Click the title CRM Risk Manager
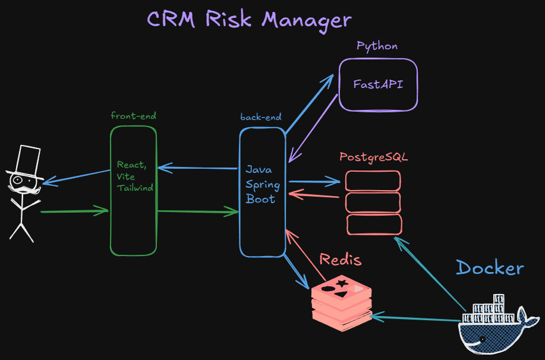point(249,20)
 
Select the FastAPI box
point(378,85)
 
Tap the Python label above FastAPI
point(377,46)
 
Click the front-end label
point(134,116)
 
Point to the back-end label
point(261,117)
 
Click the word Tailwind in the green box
point(135,188)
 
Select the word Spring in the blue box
point(263,185)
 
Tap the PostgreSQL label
point(374,157)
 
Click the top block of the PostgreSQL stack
point(373,181)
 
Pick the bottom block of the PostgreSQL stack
point(374,225)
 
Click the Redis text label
point(341,260)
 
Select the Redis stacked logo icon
point(342,303)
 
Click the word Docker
point(490,268)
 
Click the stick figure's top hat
point(26,163)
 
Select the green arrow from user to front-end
point(75,211)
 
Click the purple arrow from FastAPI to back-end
point(313,128)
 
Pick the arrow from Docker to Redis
point(415,318)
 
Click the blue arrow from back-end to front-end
point(197,168)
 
